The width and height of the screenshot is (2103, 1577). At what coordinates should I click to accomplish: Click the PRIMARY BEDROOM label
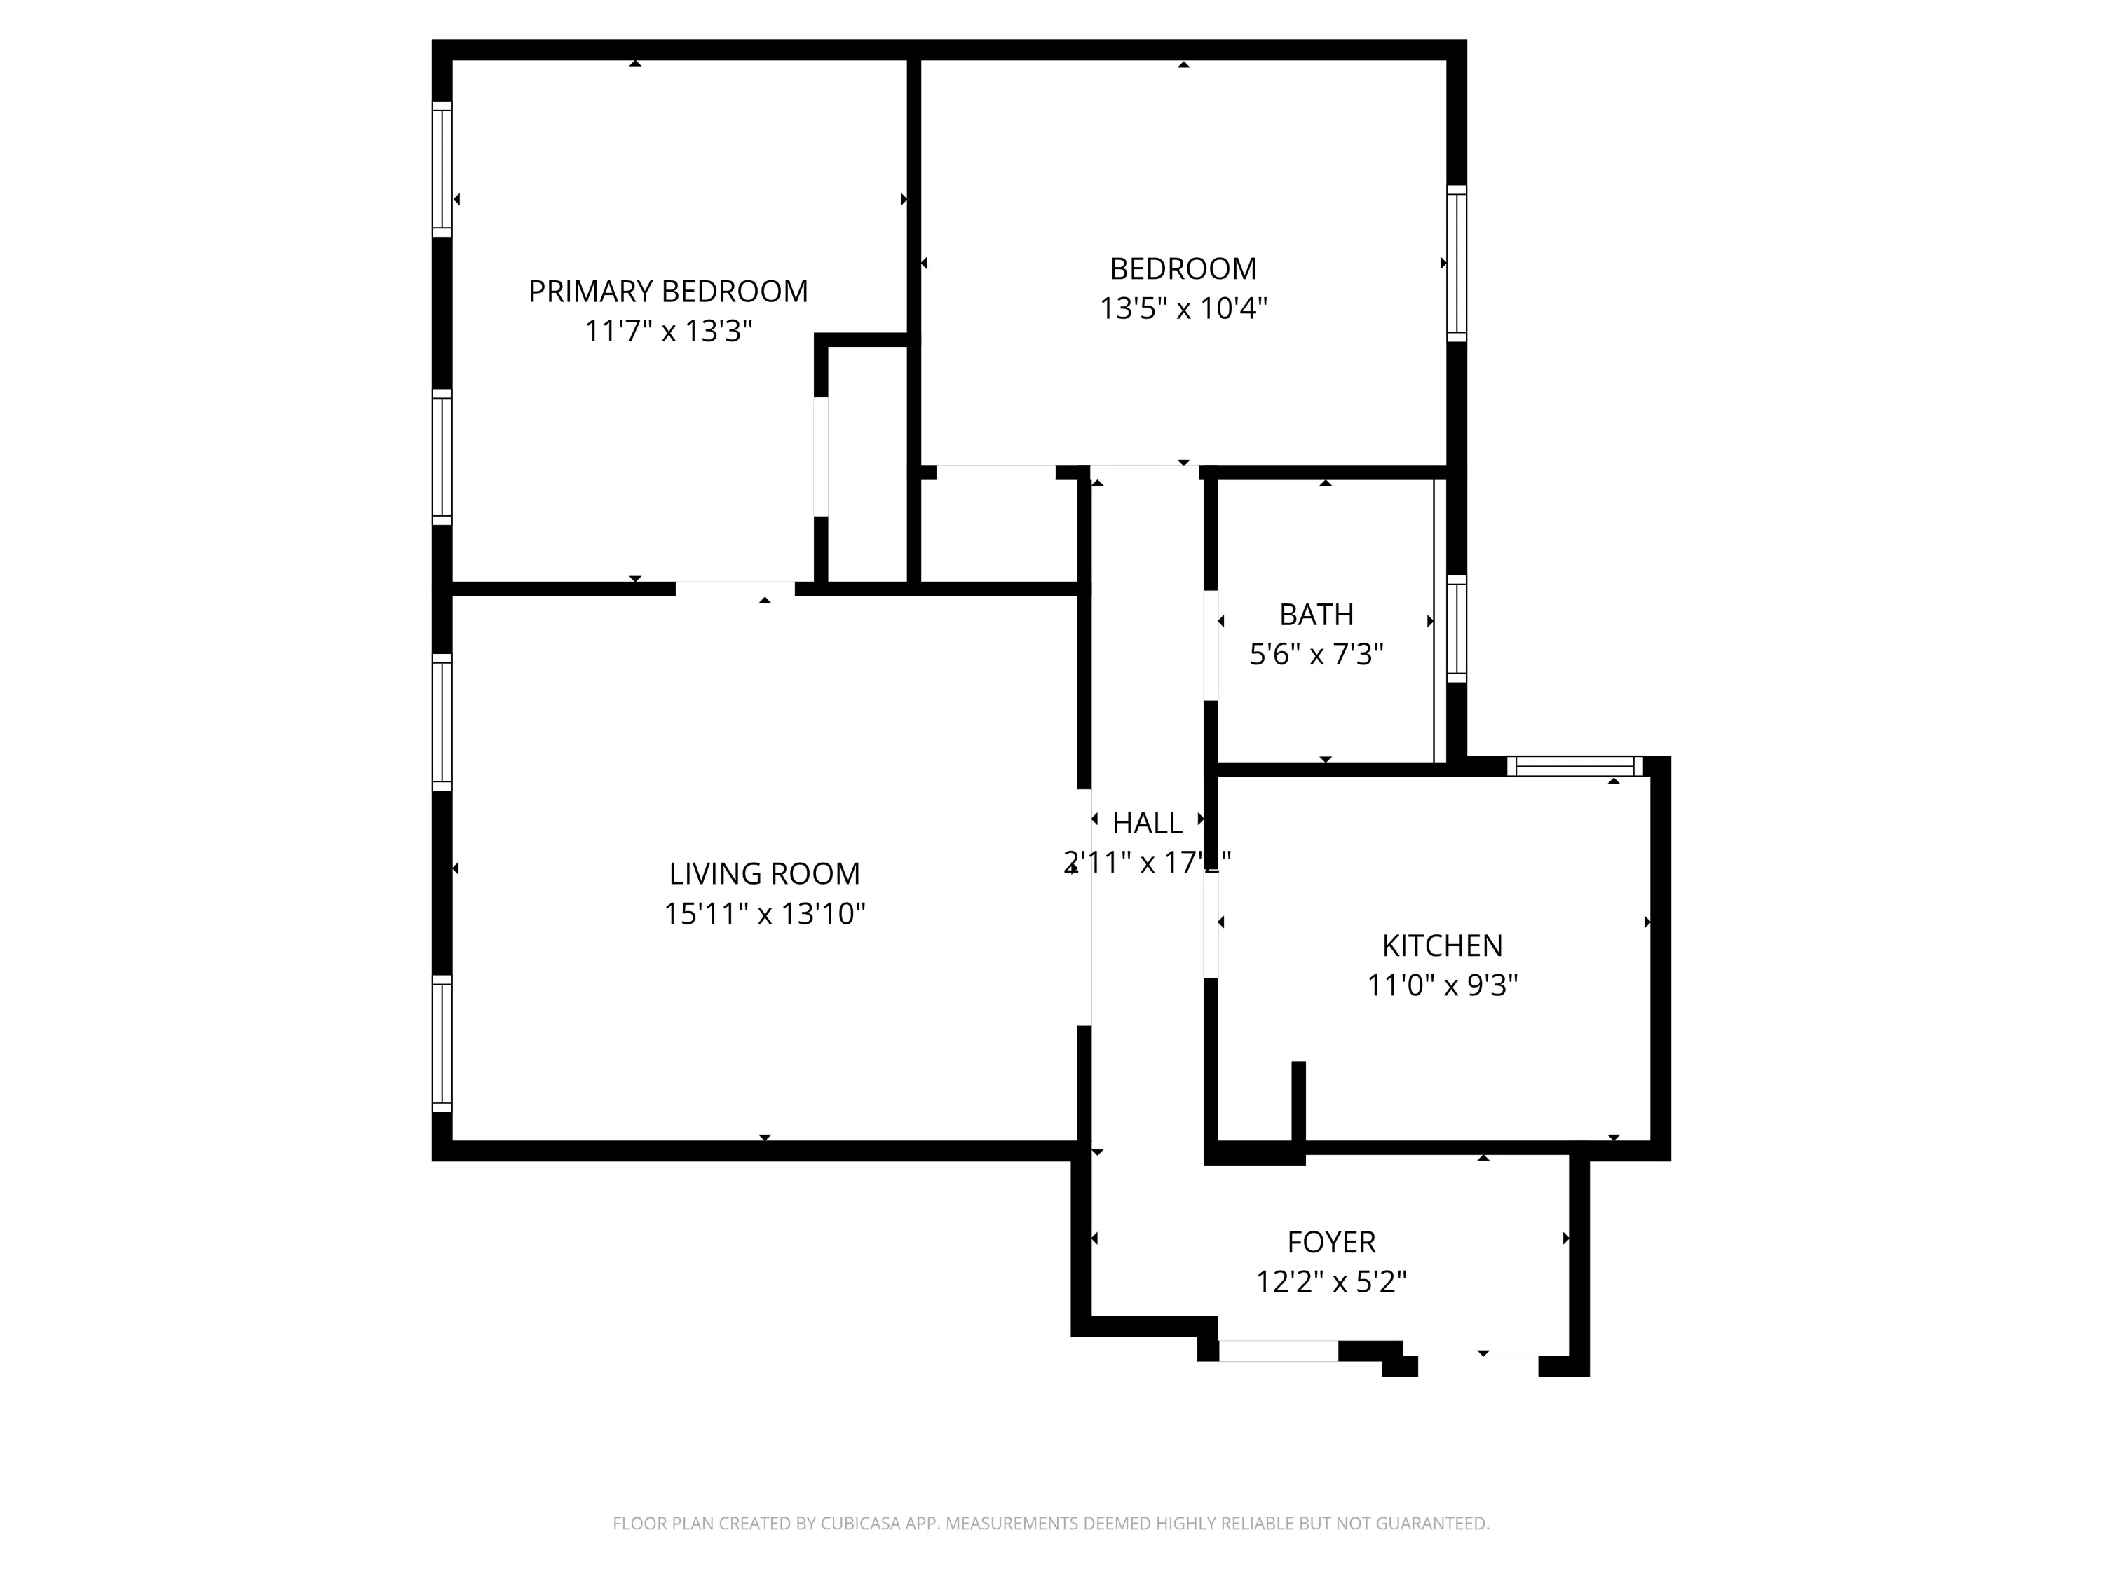point(667,291)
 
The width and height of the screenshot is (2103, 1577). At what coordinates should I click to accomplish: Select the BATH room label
point(1316,615)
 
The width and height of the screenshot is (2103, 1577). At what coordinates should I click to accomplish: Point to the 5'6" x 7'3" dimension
point(1316,655)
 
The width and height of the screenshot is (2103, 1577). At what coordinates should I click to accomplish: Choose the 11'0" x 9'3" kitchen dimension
point(1441,985)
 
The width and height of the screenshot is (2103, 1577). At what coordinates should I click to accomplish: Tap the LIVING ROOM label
point(763,873)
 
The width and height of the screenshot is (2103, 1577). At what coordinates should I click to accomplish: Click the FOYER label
point(1331,1243)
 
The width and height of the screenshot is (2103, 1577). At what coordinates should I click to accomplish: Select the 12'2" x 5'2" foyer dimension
point(1331,1283)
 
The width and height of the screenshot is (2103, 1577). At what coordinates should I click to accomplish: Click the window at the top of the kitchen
point(1574,766)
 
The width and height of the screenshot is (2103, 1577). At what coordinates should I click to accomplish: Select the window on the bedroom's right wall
point(1457,264)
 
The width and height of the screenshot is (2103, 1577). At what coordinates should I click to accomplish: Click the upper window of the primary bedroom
point(442,168)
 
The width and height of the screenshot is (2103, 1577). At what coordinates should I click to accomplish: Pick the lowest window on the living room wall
point(442,1043)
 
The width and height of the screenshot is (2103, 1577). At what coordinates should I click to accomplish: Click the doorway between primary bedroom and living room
point(735,589)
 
